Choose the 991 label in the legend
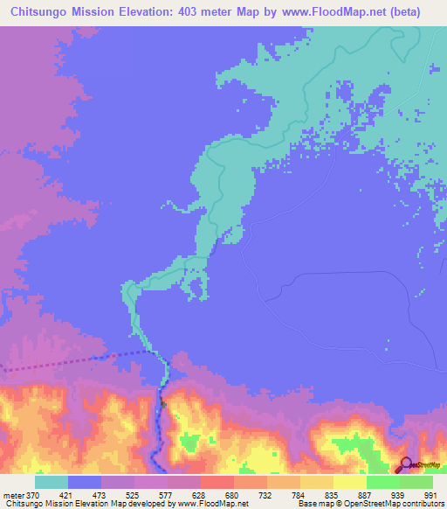tap(429, 494)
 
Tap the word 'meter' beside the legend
tap(13, 494)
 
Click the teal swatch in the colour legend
tap(52, 482)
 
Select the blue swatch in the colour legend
tap(85, 482)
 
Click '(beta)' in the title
tap(404, 12)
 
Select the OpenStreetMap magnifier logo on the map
tap(406, 464)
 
